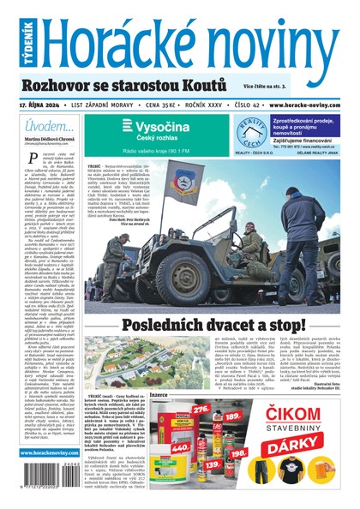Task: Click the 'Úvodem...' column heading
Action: [44, 126]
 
